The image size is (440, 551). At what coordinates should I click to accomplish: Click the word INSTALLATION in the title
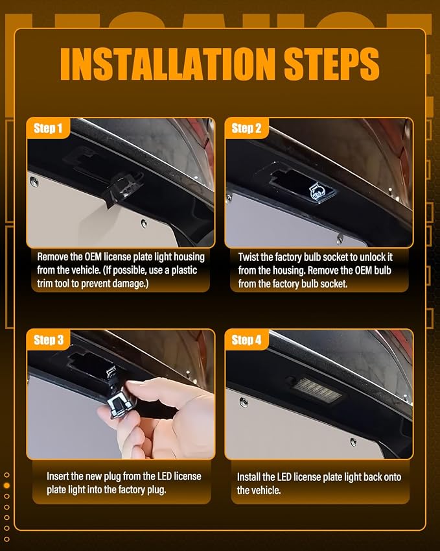coord(168,64)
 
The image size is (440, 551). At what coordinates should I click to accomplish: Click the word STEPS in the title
coord(332,64)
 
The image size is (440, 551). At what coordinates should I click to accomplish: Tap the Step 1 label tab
coord(48,128)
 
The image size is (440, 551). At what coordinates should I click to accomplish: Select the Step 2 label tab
coord(246,128)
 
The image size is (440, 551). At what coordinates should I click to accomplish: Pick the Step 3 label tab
coord(49,339)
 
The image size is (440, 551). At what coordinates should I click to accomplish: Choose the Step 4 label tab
coord(246,339)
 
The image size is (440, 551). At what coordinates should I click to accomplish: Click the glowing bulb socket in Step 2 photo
coord(317,191)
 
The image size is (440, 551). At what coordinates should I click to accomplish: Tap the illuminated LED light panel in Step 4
coord(316,390)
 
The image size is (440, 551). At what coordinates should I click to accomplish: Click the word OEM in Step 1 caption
coord(93,257)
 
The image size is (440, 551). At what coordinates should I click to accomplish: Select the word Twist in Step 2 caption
coord(249,257)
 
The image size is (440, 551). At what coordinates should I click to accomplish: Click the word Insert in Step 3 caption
coord(58,476)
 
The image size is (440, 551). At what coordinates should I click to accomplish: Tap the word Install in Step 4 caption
coord(249,477)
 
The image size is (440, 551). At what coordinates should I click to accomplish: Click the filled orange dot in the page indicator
coord(6,485)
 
